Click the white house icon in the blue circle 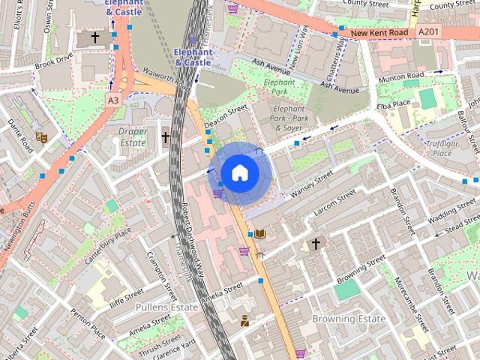point(239,172)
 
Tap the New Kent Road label point(379,33)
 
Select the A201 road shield point(429,31)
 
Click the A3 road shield point(113,100)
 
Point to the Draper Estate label point(133,136)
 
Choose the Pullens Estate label point(166,307)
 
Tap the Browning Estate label point(349,319)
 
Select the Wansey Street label point(312,184)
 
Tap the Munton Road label point(401,76)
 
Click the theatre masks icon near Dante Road point(42,137)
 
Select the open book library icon point(259,235)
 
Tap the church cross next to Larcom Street point(316,244)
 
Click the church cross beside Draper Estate point(166,137)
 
